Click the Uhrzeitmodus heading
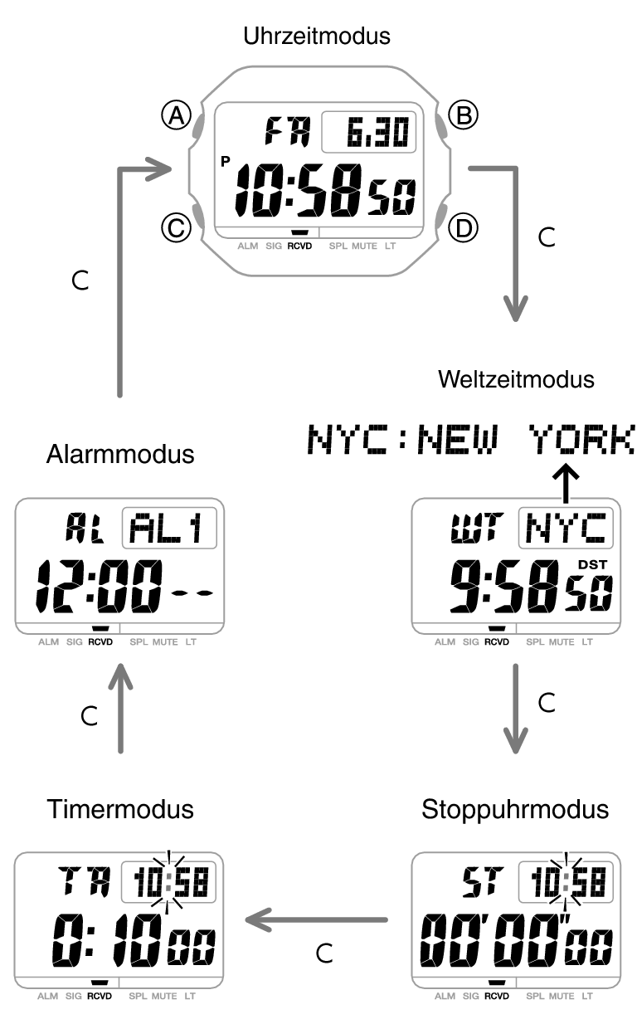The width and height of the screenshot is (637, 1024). [318, 36]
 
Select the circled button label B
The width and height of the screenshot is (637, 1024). [463, 115]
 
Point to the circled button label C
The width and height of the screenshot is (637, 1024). [175, 227]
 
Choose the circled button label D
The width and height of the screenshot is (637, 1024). [463, 227]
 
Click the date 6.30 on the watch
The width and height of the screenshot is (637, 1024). [369, 133]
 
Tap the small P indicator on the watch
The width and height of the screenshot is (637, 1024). [226, 163]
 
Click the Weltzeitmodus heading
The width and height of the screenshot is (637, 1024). [516, 379]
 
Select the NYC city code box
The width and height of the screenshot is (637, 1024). [566, 529]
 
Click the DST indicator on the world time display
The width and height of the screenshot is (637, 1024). [592, 565]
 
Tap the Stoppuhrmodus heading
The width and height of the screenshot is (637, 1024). [515, 808]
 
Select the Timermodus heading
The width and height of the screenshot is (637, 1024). [120, 808]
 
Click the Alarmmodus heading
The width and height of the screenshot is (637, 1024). [120, 455]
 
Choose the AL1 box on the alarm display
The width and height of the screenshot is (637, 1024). [169, 529]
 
